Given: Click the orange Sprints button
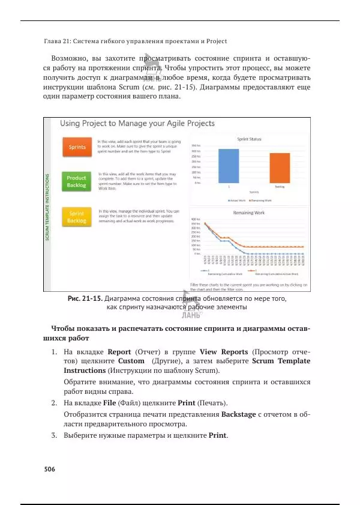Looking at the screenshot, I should pyautogui.click(x=76, y=147).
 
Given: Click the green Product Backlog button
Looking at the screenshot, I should pyautogui.click(x=76, y=181).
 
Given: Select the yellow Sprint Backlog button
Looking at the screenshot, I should pyautogui.click(x=76, y=217).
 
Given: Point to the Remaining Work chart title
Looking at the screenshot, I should pyautogui.click(x=248, y=213).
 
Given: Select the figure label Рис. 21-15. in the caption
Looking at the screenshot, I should pyautogui.click(x=85, y=298).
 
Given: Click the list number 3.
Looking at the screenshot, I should pyautogui.click(x=53, y=435).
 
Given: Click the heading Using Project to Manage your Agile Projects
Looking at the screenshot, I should pyautogui.click(x=137, y=123).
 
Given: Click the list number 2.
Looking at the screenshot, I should pyautogui.click(x=53, y=402).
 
